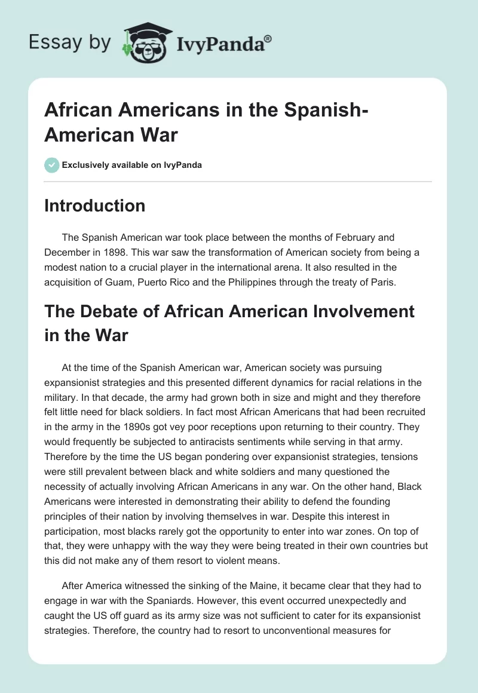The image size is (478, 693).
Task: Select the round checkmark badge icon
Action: pyautogui.click(x=52, y=165)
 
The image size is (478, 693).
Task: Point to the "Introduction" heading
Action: pyautogui.click(x=95, y=206)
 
